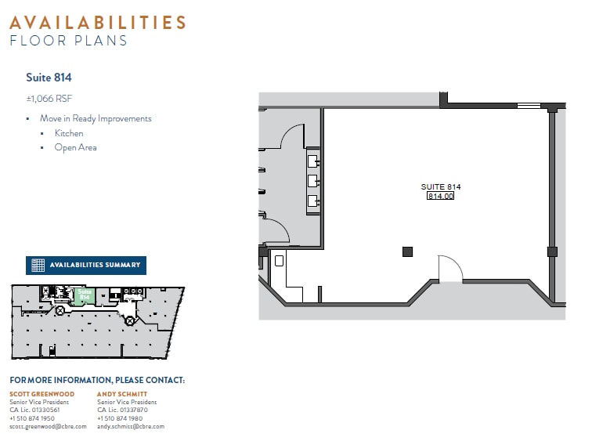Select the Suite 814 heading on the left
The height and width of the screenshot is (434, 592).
pyautogui.click(x=49, y=78)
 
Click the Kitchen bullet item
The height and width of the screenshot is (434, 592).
pyautogui.click(x=69, y=133)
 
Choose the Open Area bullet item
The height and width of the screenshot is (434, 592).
pyautogui.click(x=75, y=147)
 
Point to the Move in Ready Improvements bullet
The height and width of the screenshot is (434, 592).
pyautogui.click(x=96, y=119)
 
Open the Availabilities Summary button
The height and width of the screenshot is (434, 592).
pyautogui.click(x=86, y=266)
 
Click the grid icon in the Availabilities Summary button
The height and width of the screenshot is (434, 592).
pyautogui.click(x=38, y=266)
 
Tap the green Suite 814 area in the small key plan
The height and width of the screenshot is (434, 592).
pyautogui.click(x=85, y=294)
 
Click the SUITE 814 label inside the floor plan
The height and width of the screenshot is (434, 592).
pyautogui.click(x=440, y=186)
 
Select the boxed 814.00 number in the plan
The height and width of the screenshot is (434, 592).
pyautogui.click(x=440, y=196)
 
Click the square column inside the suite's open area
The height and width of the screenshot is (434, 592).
pyautogui.click(x=407, y=251)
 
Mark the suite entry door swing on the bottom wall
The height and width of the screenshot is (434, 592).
pyautogui.click(x=449, y=268)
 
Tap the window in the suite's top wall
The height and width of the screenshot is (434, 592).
pyautogui.click(x=529, y=105)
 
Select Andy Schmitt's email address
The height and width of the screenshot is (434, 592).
pyautogui.click(x=131, y=426)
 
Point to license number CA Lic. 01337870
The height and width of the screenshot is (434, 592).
pyautogui.click(x=122, y=410)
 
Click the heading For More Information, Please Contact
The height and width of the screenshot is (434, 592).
pyautogui.click(x=97, y=380)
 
